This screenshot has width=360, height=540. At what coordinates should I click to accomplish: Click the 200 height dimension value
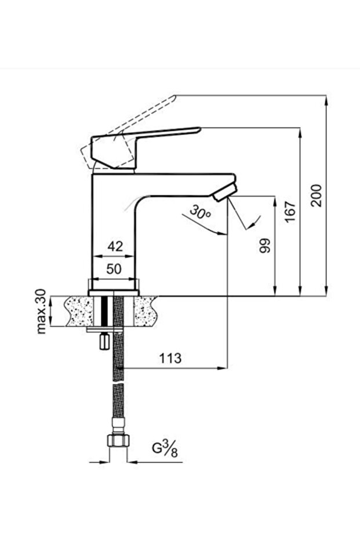[x=316, y=196]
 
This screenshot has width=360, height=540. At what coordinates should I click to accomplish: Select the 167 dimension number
[x=291, y=212]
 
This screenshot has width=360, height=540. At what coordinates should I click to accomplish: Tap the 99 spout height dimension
[x=266, y=245]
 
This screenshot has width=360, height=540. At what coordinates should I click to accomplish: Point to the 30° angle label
[x=201, y=213]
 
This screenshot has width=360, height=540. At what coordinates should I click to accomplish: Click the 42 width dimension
[x=116, y=247]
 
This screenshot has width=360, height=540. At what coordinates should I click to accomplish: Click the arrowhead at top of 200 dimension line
[x=326, y=99]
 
